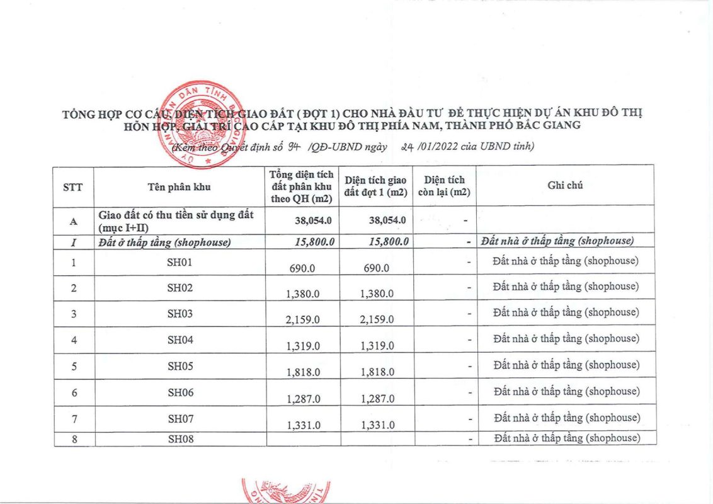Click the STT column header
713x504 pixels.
pos(73,186)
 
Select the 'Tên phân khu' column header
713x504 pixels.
pos(179,186)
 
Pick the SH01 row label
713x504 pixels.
pos(180,261)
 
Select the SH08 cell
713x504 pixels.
pos(180,438)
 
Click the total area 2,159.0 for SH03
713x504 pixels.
pos(302,319)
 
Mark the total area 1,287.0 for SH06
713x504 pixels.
pos(302,399)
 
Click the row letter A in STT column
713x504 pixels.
pos(74,220)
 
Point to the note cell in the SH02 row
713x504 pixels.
pos(566,287)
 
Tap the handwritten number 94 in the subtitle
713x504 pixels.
pos(293,147)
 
